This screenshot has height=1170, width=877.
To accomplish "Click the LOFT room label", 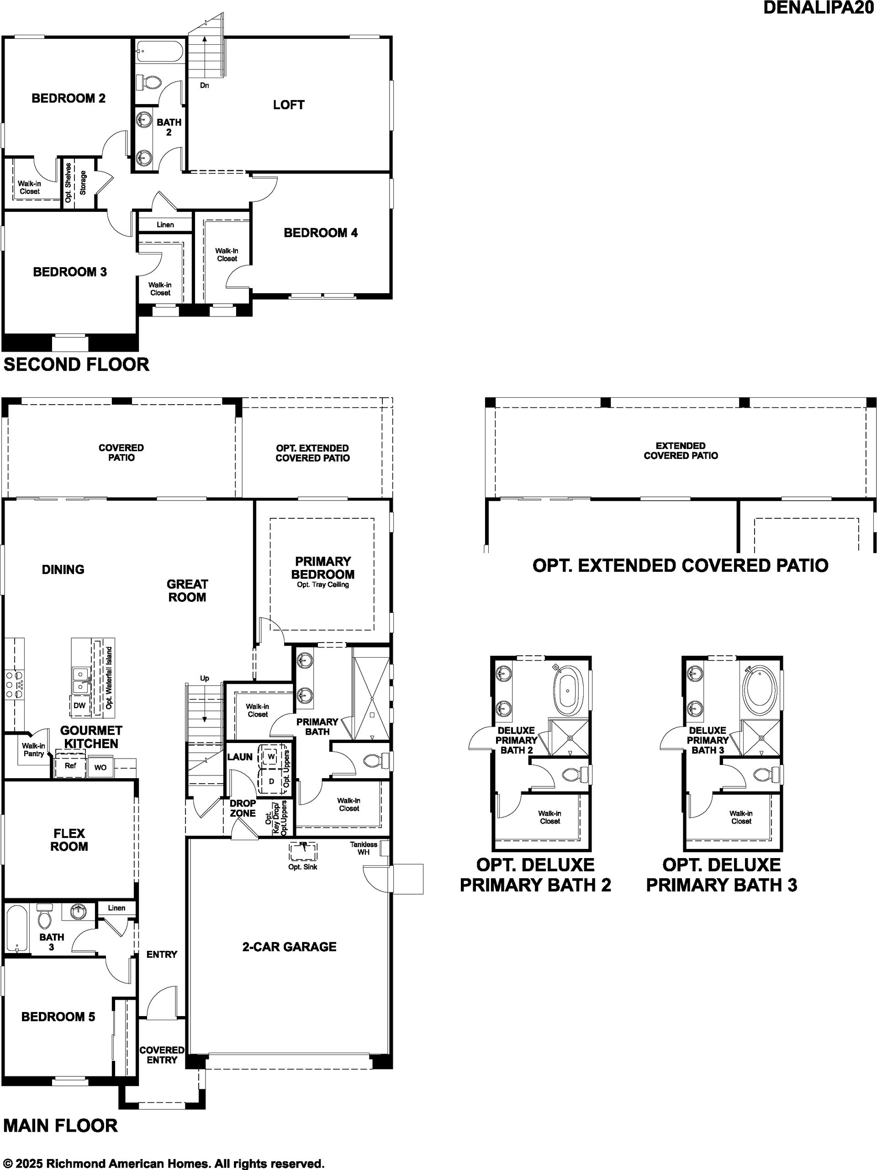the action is pyautogui.click(x=288, y=105).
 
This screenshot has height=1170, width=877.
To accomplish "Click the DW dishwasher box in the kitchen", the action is pyautogui.click(x=79, y=706).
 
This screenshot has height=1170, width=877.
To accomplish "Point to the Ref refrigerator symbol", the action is pyautogui.click(x=70, y=765).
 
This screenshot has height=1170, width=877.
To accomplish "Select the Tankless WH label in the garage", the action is pyautogui.click(x=364, y=849).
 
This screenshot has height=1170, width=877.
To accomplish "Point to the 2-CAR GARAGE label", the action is pyautogui.click(x=289, y=947).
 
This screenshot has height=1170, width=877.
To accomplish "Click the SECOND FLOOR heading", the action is pyautogui.click(x=76, y=364).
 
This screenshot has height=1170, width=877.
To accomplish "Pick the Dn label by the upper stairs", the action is pyautogui.click(x=205, y=85).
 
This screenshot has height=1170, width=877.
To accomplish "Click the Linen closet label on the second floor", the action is pyautogui.click(x=165, y=225).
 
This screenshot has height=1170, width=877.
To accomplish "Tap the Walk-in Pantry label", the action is pyautogui.click(x=33, y=749).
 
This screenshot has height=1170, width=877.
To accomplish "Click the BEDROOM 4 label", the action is pyautogui.click(x=321, y=233).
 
